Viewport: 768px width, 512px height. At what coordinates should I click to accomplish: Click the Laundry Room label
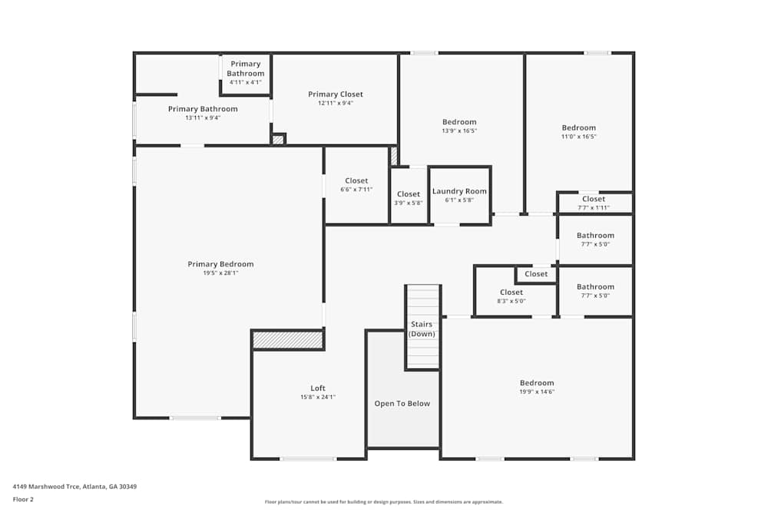pos(459,191)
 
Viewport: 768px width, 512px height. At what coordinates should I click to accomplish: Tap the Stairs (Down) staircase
pos(422,328)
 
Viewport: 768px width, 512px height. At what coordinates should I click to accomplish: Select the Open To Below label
pos(402,404)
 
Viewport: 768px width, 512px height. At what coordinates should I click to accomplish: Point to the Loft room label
pos(318,388)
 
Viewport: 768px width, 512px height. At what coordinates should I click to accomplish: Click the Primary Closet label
pos(336,94)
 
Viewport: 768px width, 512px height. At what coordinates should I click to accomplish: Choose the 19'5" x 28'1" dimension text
pos(220,273)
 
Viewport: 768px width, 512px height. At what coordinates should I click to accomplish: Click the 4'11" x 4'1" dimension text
pos(245,82)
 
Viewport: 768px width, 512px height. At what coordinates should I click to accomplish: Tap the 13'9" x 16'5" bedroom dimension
pos(459,130)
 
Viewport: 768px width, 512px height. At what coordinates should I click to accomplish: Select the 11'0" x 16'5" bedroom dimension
pos(578,137)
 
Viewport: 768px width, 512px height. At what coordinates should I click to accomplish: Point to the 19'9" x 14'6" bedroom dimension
pos(536,391)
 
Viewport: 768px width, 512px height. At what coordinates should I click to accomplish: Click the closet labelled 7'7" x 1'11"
pos(594,203)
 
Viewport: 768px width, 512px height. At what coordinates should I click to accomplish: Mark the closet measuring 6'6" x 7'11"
pos(356,185)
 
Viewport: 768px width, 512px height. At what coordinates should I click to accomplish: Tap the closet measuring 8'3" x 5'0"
pos(511,296)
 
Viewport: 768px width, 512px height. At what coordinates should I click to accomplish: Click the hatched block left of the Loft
pos(288,339)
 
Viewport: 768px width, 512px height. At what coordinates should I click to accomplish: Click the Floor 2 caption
pos(23,499)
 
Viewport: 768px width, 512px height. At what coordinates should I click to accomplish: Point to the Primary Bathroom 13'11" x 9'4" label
pos(203,109)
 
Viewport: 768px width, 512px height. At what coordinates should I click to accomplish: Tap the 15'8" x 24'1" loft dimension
pos(318,397)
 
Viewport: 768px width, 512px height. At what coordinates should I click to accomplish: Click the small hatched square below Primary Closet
pos(278,139)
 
